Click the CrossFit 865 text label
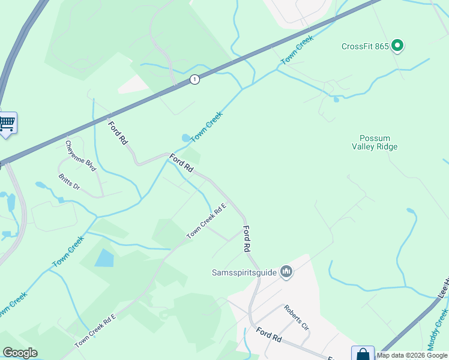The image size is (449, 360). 364,46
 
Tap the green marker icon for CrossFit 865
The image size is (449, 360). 397,46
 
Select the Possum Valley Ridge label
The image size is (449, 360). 379,142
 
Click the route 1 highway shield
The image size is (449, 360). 194,79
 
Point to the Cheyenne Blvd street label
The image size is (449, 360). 80,156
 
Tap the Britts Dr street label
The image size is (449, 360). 69,182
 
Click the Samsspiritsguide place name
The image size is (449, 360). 244,272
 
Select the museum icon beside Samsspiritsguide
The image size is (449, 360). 286,272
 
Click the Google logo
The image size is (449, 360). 20,353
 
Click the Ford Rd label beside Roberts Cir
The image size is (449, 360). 268,335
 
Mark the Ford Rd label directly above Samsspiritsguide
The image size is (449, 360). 246,238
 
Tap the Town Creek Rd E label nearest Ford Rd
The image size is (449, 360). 206,221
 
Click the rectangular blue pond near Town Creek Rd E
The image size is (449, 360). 104,258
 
